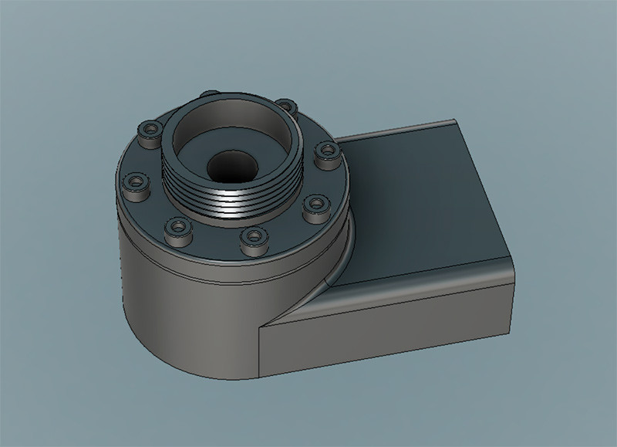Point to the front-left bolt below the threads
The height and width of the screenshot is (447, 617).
(178, 227)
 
